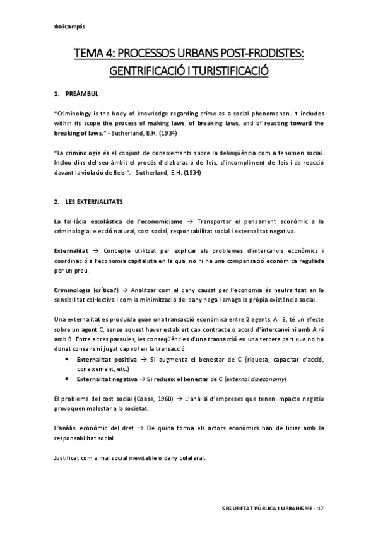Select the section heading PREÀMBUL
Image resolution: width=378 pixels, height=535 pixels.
click(81, 94)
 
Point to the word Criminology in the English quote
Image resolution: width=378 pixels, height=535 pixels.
click(76, 115)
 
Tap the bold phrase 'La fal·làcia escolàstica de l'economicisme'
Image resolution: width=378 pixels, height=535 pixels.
click(119, 221)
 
